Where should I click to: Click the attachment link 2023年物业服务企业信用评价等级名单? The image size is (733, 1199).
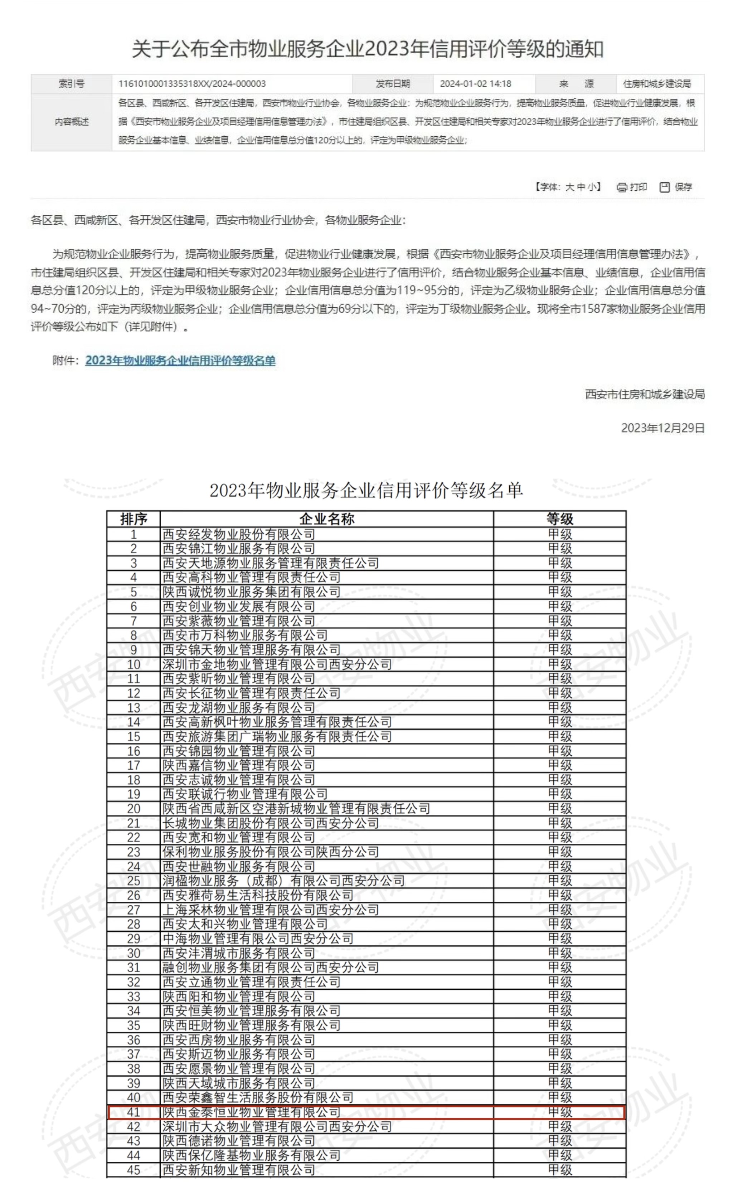[x=180, y=361]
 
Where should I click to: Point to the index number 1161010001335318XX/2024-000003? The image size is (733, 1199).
[x=192, y=84]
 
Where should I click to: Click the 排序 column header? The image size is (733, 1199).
[x=134, y=519]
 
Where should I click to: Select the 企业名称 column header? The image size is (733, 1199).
[x=326, y=519]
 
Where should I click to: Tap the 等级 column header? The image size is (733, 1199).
[x=559, y=519]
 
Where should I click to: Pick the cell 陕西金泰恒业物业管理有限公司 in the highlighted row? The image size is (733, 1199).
[x=251, y=1112]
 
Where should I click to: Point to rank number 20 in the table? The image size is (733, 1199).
[x=134, y=809]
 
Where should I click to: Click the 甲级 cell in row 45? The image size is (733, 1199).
[x=559, y=1170]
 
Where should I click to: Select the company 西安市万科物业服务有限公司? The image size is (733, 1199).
[x=245, y=635]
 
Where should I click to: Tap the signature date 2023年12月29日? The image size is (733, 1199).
[x=662, y=428]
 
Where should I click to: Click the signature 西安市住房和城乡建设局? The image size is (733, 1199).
[x=644, y=394]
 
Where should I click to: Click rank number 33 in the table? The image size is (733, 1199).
[x=134, y=996]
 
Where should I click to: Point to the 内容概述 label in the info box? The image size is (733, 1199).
[x=72, y=122]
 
